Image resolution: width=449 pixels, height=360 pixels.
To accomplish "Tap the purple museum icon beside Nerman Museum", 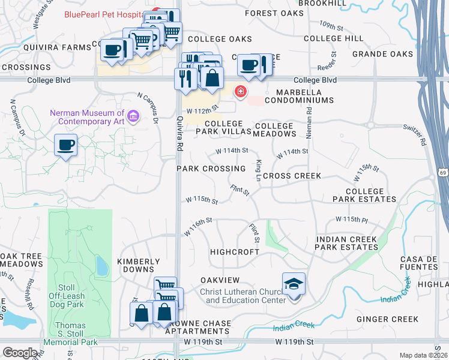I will [133, 115].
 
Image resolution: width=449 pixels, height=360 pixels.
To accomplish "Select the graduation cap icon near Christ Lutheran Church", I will [294, 284].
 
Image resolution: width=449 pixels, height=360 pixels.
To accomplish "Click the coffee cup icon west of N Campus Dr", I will [65, 145].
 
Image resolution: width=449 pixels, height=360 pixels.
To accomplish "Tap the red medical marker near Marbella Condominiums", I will [240, 91].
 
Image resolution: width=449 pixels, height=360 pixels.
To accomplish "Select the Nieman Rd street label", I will [309, 119].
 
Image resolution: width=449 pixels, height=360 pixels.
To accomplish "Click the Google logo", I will [20, 353].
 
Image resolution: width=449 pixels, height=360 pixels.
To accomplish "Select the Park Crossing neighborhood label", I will [211, 169].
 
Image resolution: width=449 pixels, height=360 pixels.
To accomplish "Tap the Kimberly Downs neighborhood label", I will [138, 265].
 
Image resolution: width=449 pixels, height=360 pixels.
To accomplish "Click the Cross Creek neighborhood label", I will [292, 176].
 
